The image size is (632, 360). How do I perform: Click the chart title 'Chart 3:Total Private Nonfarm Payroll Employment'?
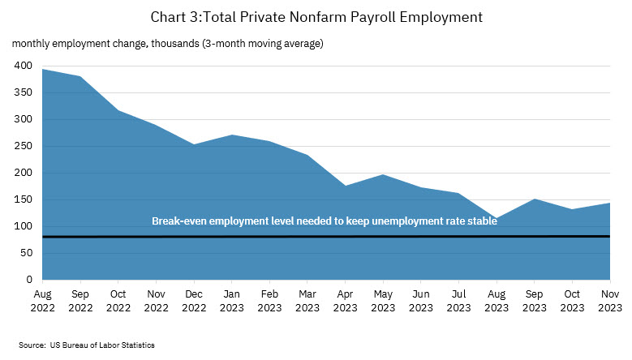click(x=316, y=15)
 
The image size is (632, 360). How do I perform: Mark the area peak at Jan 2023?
click(x=231, y=135)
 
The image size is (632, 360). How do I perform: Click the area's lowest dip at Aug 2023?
click(x=496, y=218)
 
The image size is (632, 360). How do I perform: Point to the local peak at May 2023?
click(x=382, y=174)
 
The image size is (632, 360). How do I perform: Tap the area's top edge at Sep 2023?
click(x=534, y=199)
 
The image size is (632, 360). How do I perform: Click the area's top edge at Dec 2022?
click(x=193, y=144)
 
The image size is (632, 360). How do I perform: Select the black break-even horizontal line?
click(x=325, y=237)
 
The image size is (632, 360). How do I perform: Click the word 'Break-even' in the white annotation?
click(x=177, y=221)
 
